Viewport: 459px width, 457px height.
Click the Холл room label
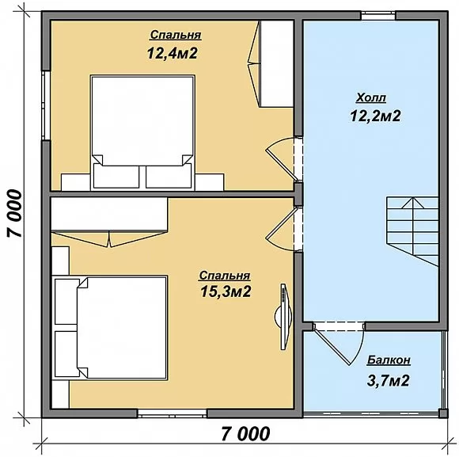coord(371,98)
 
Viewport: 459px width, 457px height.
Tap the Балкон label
coord(389,360)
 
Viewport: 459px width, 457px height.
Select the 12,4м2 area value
coord(173,53)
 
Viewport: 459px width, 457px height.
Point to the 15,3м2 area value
coord(226,291)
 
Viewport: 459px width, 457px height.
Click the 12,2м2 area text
coord(375,116)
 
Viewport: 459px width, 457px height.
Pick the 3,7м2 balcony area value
coord(388,380)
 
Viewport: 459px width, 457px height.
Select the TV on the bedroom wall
coord(283,316)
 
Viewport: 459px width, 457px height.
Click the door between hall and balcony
coord(339,343)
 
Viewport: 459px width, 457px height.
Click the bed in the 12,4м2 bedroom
coord(142,132)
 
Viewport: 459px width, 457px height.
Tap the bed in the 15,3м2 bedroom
coord(111,327)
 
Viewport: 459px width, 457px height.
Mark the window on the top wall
coord(378,16)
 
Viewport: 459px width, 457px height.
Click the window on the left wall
coord(46,105)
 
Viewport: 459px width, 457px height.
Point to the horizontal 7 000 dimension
coord(245,434)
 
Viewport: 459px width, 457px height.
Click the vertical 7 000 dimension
coord(14,213)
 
